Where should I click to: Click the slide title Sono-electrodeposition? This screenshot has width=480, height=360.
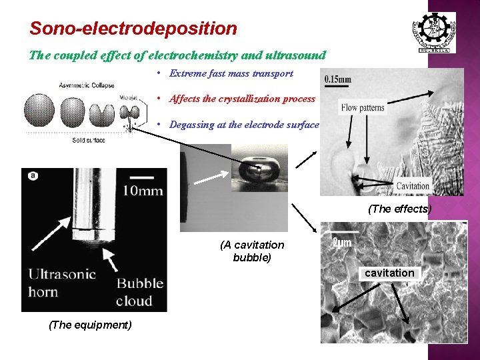tap(133, 29)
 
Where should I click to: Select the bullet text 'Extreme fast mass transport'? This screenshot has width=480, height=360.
tap(231, 73)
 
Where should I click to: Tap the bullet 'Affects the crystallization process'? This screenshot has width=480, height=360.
tap(242, 99)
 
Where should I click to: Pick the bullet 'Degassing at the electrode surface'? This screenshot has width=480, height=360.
tap(244, 125)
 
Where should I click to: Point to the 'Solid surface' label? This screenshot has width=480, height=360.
tap(88, 139)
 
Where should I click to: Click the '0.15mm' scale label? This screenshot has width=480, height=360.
tap(338, 79)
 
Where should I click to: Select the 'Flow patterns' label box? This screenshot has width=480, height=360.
tap(363, 107)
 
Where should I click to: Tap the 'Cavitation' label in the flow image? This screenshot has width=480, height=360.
tap(413, 186)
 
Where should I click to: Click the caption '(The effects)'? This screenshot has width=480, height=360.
tap(400, 209)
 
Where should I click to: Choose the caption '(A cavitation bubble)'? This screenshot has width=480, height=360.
tap(252, 251)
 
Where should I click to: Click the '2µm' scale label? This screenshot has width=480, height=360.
tap(342, 243)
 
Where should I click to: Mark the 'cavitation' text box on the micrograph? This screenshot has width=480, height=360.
tap(389, 273)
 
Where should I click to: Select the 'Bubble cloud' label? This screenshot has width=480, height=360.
tap(139, 292)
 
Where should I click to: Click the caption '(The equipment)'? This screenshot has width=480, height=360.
tap(90, 325)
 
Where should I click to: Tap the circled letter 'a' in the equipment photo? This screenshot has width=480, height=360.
tap(33, 176)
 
